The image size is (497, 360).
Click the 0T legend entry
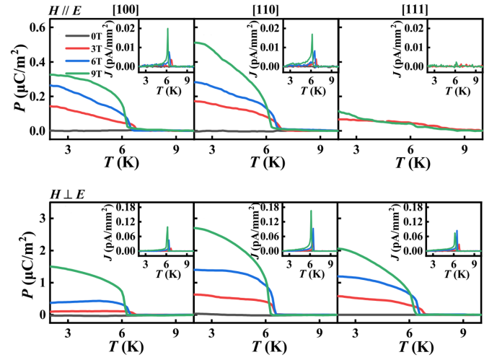[88, 36]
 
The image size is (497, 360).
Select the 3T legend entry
[88, 46]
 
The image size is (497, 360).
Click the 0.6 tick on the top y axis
[37, 27]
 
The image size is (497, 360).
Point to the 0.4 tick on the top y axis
[37, 62]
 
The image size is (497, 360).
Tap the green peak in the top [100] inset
[167, 30]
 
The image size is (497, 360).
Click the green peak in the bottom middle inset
[311, 212]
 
